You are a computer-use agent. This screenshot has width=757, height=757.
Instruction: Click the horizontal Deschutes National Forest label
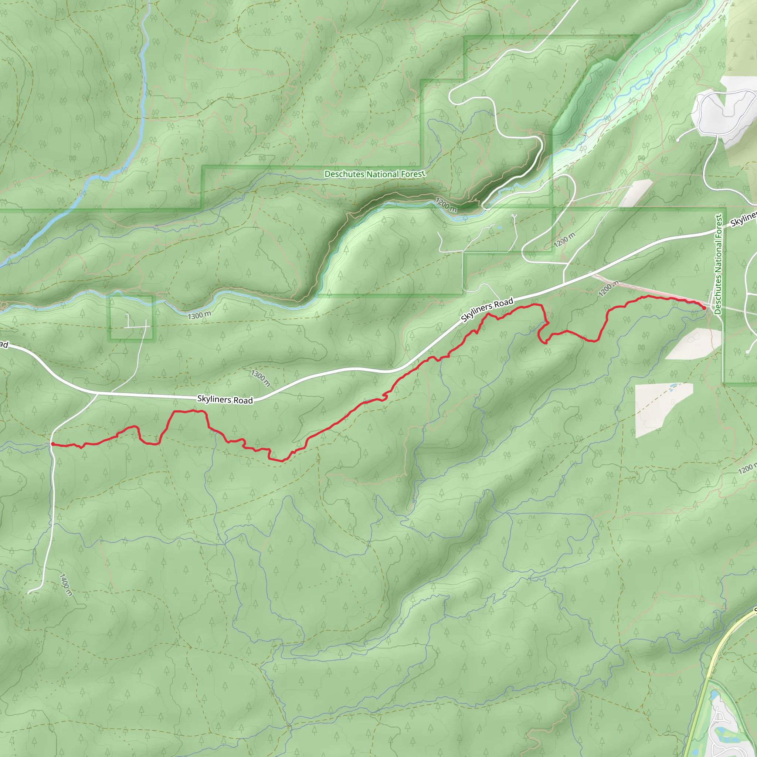coord(374,174)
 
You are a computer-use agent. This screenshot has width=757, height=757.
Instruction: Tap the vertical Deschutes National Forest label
coord(718,264)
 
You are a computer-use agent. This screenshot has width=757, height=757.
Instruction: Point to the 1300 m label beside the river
coord(200,315)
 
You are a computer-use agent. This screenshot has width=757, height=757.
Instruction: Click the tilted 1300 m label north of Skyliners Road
coord(260,378)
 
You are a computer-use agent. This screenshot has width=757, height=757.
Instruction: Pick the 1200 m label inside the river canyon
coord(446,205)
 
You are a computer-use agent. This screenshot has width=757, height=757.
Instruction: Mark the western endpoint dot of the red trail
coord(52,444)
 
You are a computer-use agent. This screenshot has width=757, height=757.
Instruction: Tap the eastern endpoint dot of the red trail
coord(705,308)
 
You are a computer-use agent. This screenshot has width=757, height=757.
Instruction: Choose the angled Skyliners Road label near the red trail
coord(487,310)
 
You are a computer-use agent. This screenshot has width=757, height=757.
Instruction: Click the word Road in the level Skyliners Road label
coord(243,400)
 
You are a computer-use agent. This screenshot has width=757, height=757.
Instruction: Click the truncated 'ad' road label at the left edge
coord(4,344)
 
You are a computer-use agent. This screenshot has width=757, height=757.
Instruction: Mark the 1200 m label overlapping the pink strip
coord(608,289)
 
